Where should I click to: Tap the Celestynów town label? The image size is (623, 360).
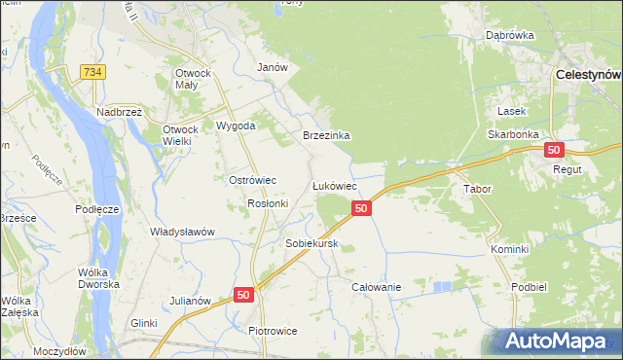pyautogui.click(x=588, y=74)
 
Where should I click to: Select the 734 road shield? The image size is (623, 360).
pyautogui.click(x=93, y=73)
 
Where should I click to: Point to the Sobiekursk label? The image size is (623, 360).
pyautogui.click(x=311, y=243)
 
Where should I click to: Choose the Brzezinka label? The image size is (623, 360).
pyautogui.click(x=325, y=136)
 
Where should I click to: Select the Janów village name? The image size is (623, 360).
pyautogui.click(x=272, y=68)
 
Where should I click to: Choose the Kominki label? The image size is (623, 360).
pyautogui.click(x=509, y=249)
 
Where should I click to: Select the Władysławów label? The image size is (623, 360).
pyautogui.click(x=181, y=232)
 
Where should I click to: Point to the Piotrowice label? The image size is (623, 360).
pyautogui.click(x=272, y=331)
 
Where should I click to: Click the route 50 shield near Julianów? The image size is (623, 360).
pyautogui.click(x=243, y=294)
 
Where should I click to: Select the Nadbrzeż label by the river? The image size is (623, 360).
pyautogui.click(x=120, y=112)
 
